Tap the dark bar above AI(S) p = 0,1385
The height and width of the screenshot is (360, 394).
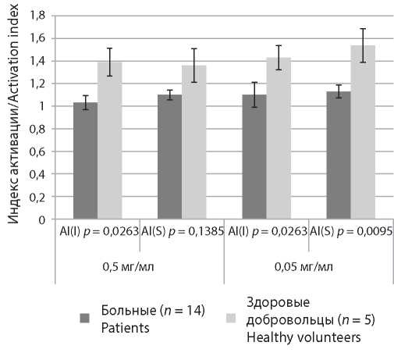click(169, 157)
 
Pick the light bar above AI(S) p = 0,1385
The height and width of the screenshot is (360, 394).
click(193, 142)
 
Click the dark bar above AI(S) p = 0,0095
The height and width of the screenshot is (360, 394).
click(339, 155)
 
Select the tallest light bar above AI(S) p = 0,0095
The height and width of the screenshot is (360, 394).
click(363, 132)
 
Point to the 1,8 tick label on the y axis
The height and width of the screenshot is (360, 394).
click(37, 16)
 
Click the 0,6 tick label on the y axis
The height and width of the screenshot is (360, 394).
click(37, 151)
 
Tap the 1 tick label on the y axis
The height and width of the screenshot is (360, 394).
click(41, 106)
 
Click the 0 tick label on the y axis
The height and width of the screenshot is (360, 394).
click(42, 220)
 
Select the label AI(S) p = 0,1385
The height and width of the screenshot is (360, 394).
click(183, 231)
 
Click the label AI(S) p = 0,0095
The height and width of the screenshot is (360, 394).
click(351, 231)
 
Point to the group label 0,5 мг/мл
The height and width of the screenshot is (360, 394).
click(128, 267)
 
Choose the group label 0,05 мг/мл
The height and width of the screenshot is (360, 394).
click(303, 267)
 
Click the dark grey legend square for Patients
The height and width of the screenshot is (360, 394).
click(84, 318)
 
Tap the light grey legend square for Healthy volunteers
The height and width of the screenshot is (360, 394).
click(231, 318)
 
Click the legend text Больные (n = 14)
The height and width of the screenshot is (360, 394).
click(153, 310)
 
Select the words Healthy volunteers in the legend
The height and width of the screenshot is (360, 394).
click(303, 337)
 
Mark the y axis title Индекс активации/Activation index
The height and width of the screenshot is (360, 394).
click(13, 114)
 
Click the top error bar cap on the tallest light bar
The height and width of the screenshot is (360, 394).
click(363, 29)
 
